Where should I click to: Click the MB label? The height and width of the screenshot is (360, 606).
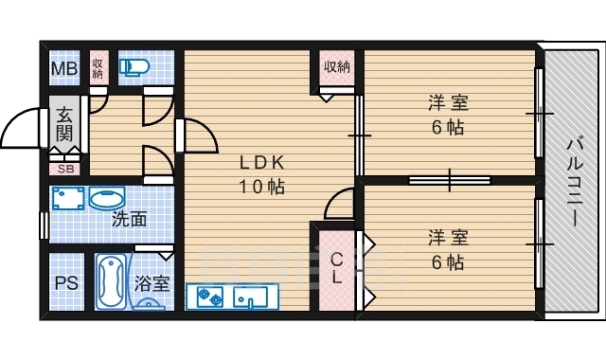click(x=63, y=68)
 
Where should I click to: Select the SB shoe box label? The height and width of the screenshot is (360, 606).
click(x=65, y=170)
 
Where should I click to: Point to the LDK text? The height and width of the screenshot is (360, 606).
click(x=261, y=160)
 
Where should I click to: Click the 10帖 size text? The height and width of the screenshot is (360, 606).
click(x=261, y=186)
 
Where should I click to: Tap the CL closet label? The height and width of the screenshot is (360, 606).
click(x=337, y=268)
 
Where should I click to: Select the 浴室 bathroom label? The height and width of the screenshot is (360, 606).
click(x=151, y=282)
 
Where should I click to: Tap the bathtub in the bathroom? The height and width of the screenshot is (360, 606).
click(x=110, y=282)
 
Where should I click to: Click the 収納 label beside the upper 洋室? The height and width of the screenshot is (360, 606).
click(x=336, y=66)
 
